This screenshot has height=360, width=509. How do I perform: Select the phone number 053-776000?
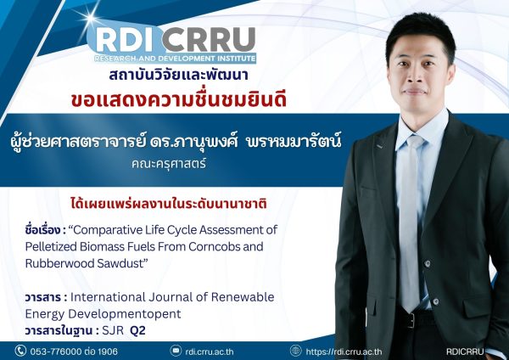click(x=59, y=351)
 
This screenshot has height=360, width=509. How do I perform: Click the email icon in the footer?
click(x=176, y=351)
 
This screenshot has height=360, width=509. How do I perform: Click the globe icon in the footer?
click(x=295, y=351)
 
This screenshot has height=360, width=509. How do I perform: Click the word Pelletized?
click(x=54, y=247)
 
